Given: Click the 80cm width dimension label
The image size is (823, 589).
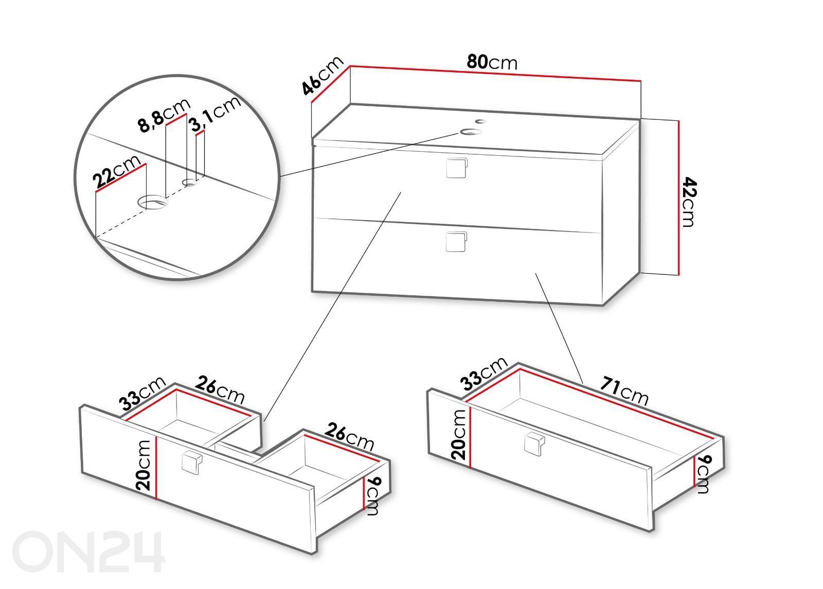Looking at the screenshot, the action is (492, 62).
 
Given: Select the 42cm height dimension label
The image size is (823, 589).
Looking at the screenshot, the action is (689, 202).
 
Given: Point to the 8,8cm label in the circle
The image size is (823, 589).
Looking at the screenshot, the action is (164, 114).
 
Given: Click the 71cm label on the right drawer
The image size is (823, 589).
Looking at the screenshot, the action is (624, 391).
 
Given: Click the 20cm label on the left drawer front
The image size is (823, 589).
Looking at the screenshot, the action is (144, 465).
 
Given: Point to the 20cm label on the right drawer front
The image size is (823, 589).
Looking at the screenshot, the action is (458, 435).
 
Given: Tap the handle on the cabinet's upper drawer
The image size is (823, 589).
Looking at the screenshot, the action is (457, 168).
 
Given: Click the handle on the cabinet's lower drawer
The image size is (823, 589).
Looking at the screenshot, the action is (456, 242).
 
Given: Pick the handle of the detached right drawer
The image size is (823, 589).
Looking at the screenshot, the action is (534, 444).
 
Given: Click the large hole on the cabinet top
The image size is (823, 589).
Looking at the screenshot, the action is (470, 132).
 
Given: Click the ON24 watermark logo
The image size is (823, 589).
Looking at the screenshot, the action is (88, 552).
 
